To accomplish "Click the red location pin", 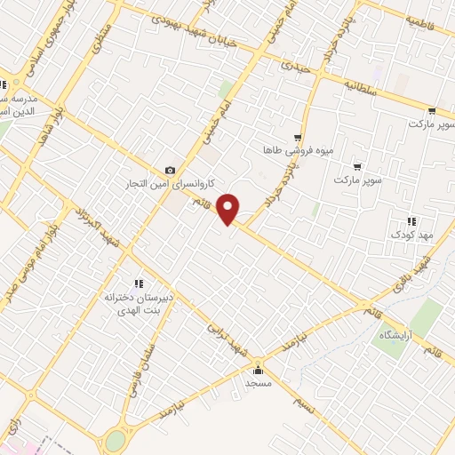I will (229, 208).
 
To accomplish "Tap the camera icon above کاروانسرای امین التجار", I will (171, 171).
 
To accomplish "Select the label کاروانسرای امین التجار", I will (171, 184).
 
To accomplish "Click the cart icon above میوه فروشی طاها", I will (298, 138).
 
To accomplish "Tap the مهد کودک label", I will (410, 235).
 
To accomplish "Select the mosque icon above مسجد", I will (259, 370).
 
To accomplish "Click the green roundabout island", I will (116, 440).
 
